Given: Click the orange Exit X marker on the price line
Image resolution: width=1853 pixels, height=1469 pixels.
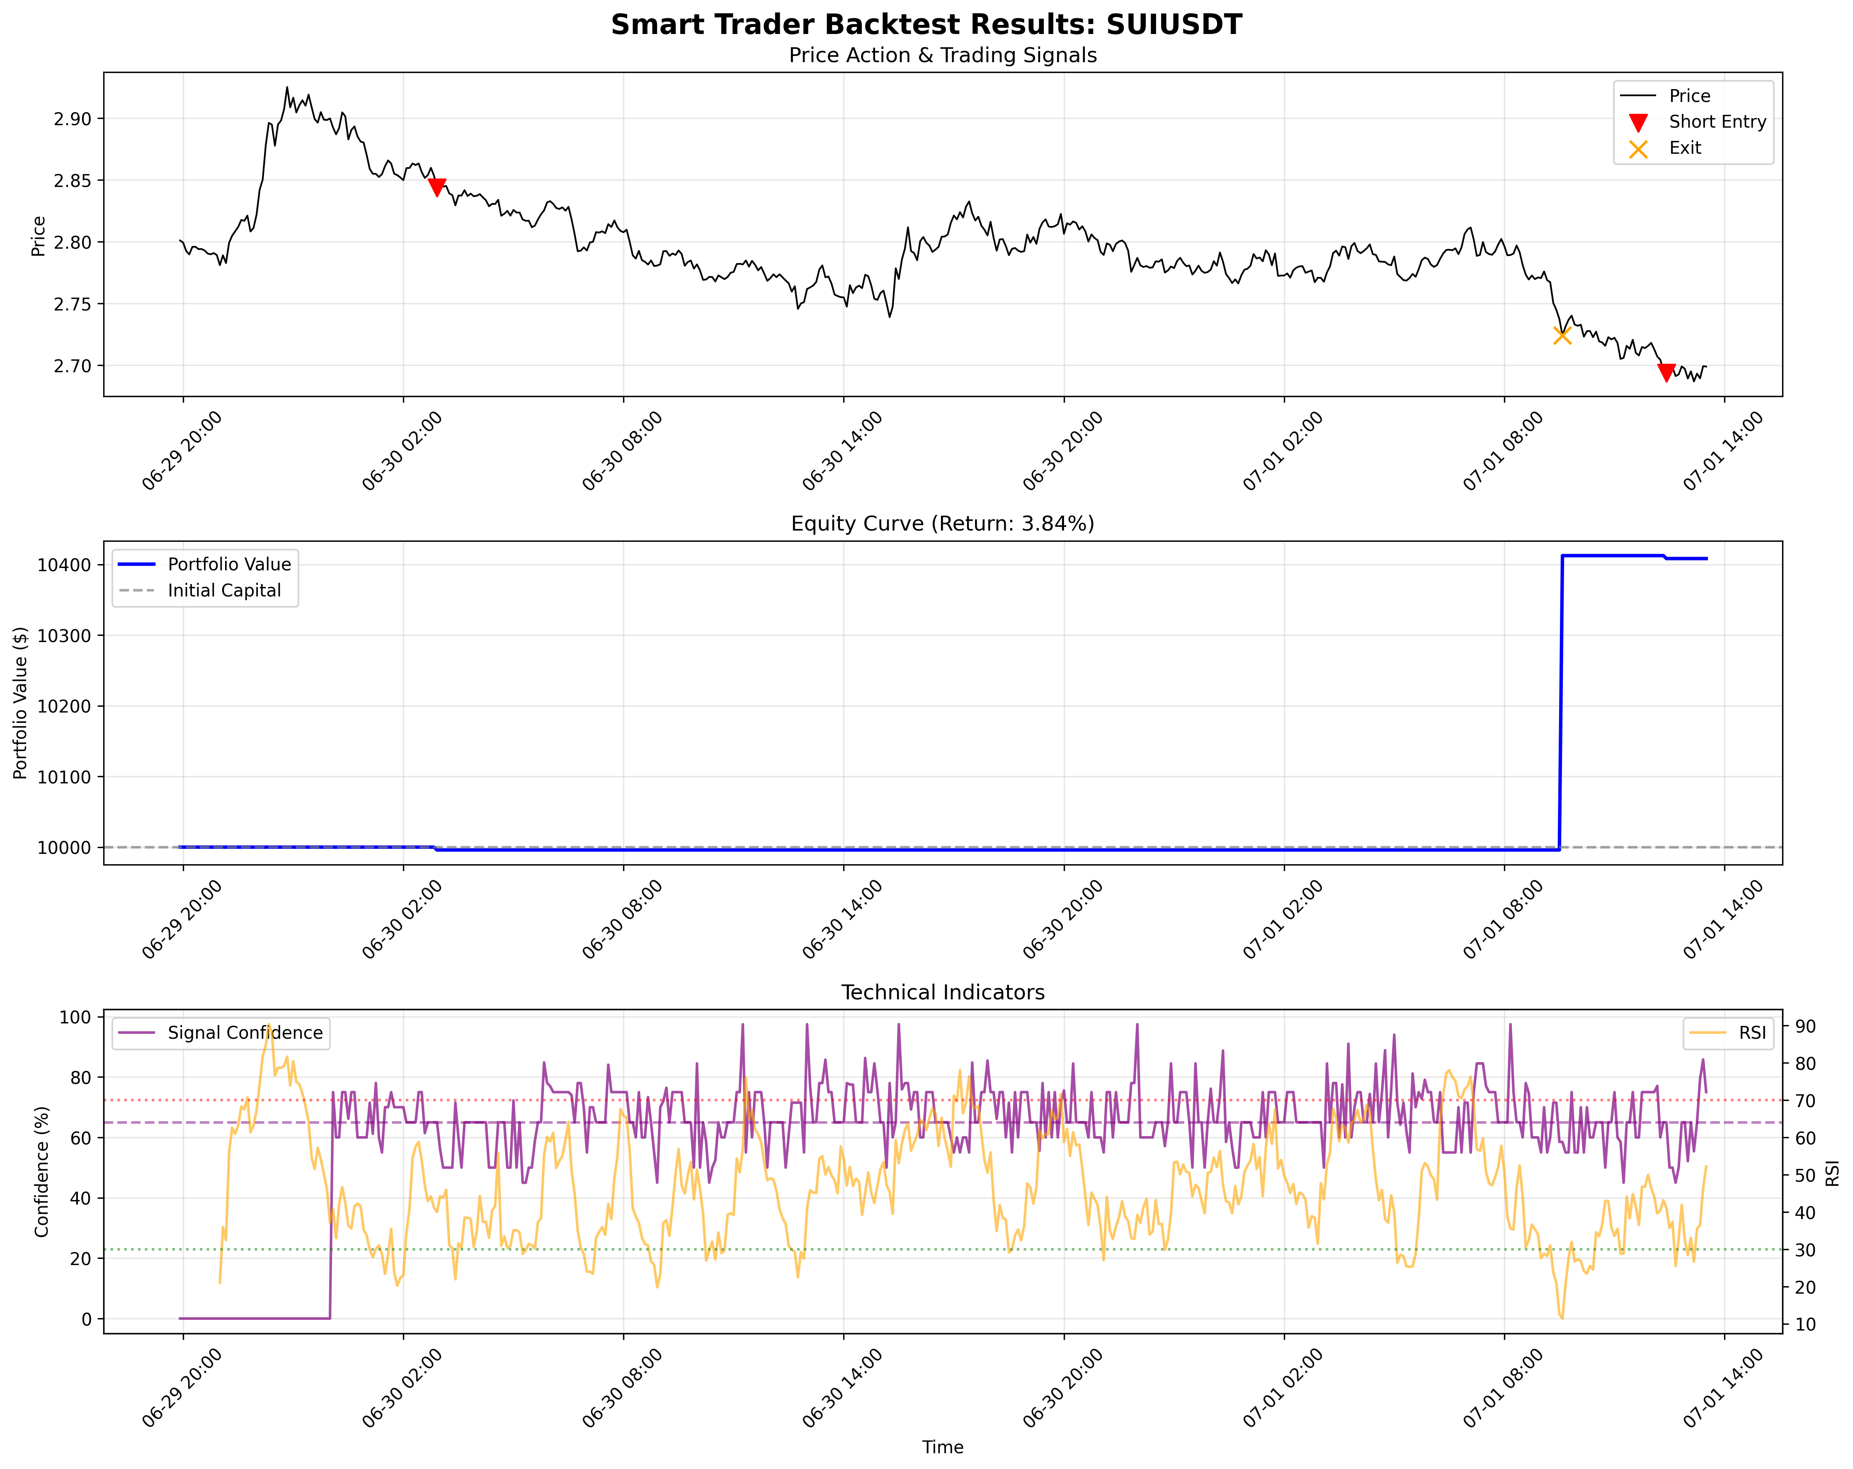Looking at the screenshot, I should pyautogui.click(x=1562, y=335).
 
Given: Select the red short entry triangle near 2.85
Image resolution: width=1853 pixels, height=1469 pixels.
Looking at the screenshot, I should pyautogui.click(x=437, y=187).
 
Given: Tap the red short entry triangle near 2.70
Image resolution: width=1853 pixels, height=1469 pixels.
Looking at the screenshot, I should pyautogui.click(x=1666, y=372).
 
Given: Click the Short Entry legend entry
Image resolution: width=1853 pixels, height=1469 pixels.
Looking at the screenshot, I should pyautogui.click(x=1716, y=122).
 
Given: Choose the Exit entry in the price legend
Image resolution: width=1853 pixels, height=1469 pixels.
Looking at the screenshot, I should pyautogui.click(x=1685, y=148).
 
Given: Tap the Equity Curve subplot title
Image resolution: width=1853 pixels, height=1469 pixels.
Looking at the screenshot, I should pyautogui.click(x=942, y=524).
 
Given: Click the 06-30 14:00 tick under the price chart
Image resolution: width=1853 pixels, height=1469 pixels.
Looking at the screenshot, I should pyautogui.click(x=842, y=451).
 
